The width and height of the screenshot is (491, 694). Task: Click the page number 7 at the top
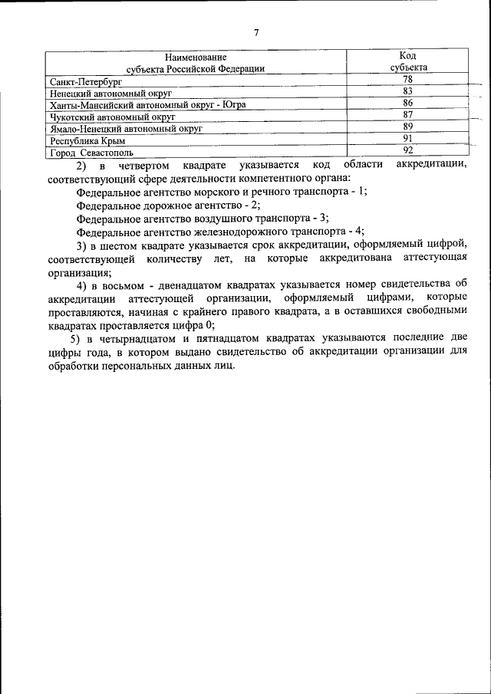tap(256, 31)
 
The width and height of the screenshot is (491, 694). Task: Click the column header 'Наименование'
tap(195, 57)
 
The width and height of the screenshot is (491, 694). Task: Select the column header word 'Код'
tap(408, 56)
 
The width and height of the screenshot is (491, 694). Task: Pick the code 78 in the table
tap(408, 80)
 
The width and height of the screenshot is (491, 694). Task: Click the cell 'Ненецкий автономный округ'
tap(110, 92)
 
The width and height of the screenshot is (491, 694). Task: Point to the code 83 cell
tap(408, 91)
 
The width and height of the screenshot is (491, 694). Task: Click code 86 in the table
tap(408, 103)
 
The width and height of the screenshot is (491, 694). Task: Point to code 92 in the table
tap(408, 150)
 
